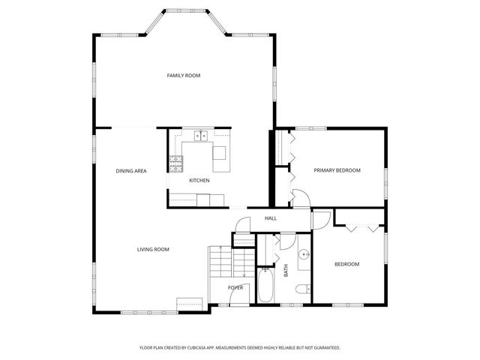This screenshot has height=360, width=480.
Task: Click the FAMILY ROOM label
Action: point(183,75)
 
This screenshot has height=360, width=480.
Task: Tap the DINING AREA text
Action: point(130,171)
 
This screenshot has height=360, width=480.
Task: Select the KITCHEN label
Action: point(199,181)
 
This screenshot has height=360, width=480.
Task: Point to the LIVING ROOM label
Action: point(152,249)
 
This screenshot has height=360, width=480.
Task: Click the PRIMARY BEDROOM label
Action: point(337,170)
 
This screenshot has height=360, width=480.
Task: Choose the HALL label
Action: point(271,218)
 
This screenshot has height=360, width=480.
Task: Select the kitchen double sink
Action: point(200,136)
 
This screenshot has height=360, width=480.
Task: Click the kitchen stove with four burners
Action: point(177,160)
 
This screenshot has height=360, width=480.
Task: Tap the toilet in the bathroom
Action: point(301,289)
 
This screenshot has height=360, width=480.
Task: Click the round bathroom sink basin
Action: point(303,255)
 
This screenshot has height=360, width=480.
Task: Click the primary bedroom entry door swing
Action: point(298,199)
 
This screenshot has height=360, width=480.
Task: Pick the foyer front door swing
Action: point(235,300)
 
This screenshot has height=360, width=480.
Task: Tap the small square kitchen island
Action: point(220,153)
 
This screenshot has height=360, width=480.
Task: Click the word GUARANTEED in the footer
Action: point(324,348)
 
